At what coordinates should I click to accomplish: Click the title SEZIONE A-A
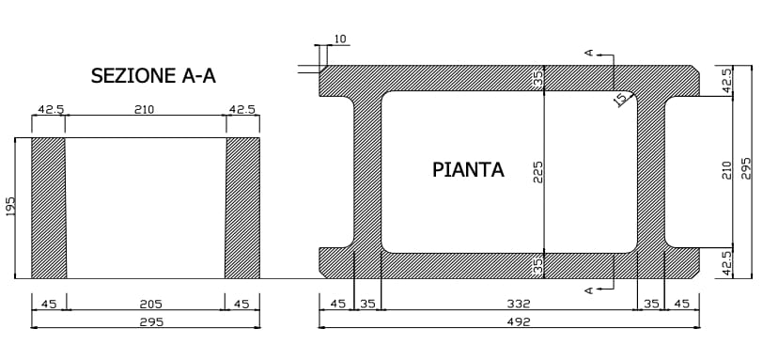[x=159, y=76]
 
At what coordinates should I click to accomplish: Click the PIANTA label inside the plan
[x=468, y=170]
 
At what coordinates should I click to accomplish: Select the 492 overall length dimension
[x=518, y=321]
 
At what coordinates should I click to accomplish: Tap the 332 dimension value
[x=518, y=304]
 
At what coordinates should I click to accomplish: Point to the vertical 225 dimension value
[x=538, y=171]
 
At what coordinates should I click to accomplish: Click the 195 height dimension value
[x=11, y=207]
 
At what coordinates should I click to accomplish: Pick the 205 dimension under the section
[x=150, y=304]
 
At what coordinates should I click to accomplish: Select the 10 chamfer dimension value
[x=340, y=39]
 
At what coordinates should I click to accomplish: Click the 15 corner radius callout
[x=620, y=98]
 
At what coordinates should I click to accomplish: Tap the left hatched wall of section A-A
[x=49, y=207]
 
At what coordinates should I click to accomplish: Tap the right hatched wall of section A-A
[x=242, y=207]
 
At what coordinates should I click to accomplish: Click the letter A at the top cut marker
[x=589, y=54]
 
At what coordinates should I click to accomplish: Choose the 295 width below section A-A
[x=150, y=321]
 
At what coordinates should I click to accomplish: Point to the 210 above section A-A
[x=144, y=110]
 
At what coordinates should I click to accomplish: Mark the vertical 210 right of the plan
[x=726, y=169]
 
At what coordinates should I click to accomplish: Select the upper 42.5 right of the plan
[x=726, y=80]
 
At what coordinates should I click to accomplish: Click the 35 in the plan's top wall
[x=538, y=78]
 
